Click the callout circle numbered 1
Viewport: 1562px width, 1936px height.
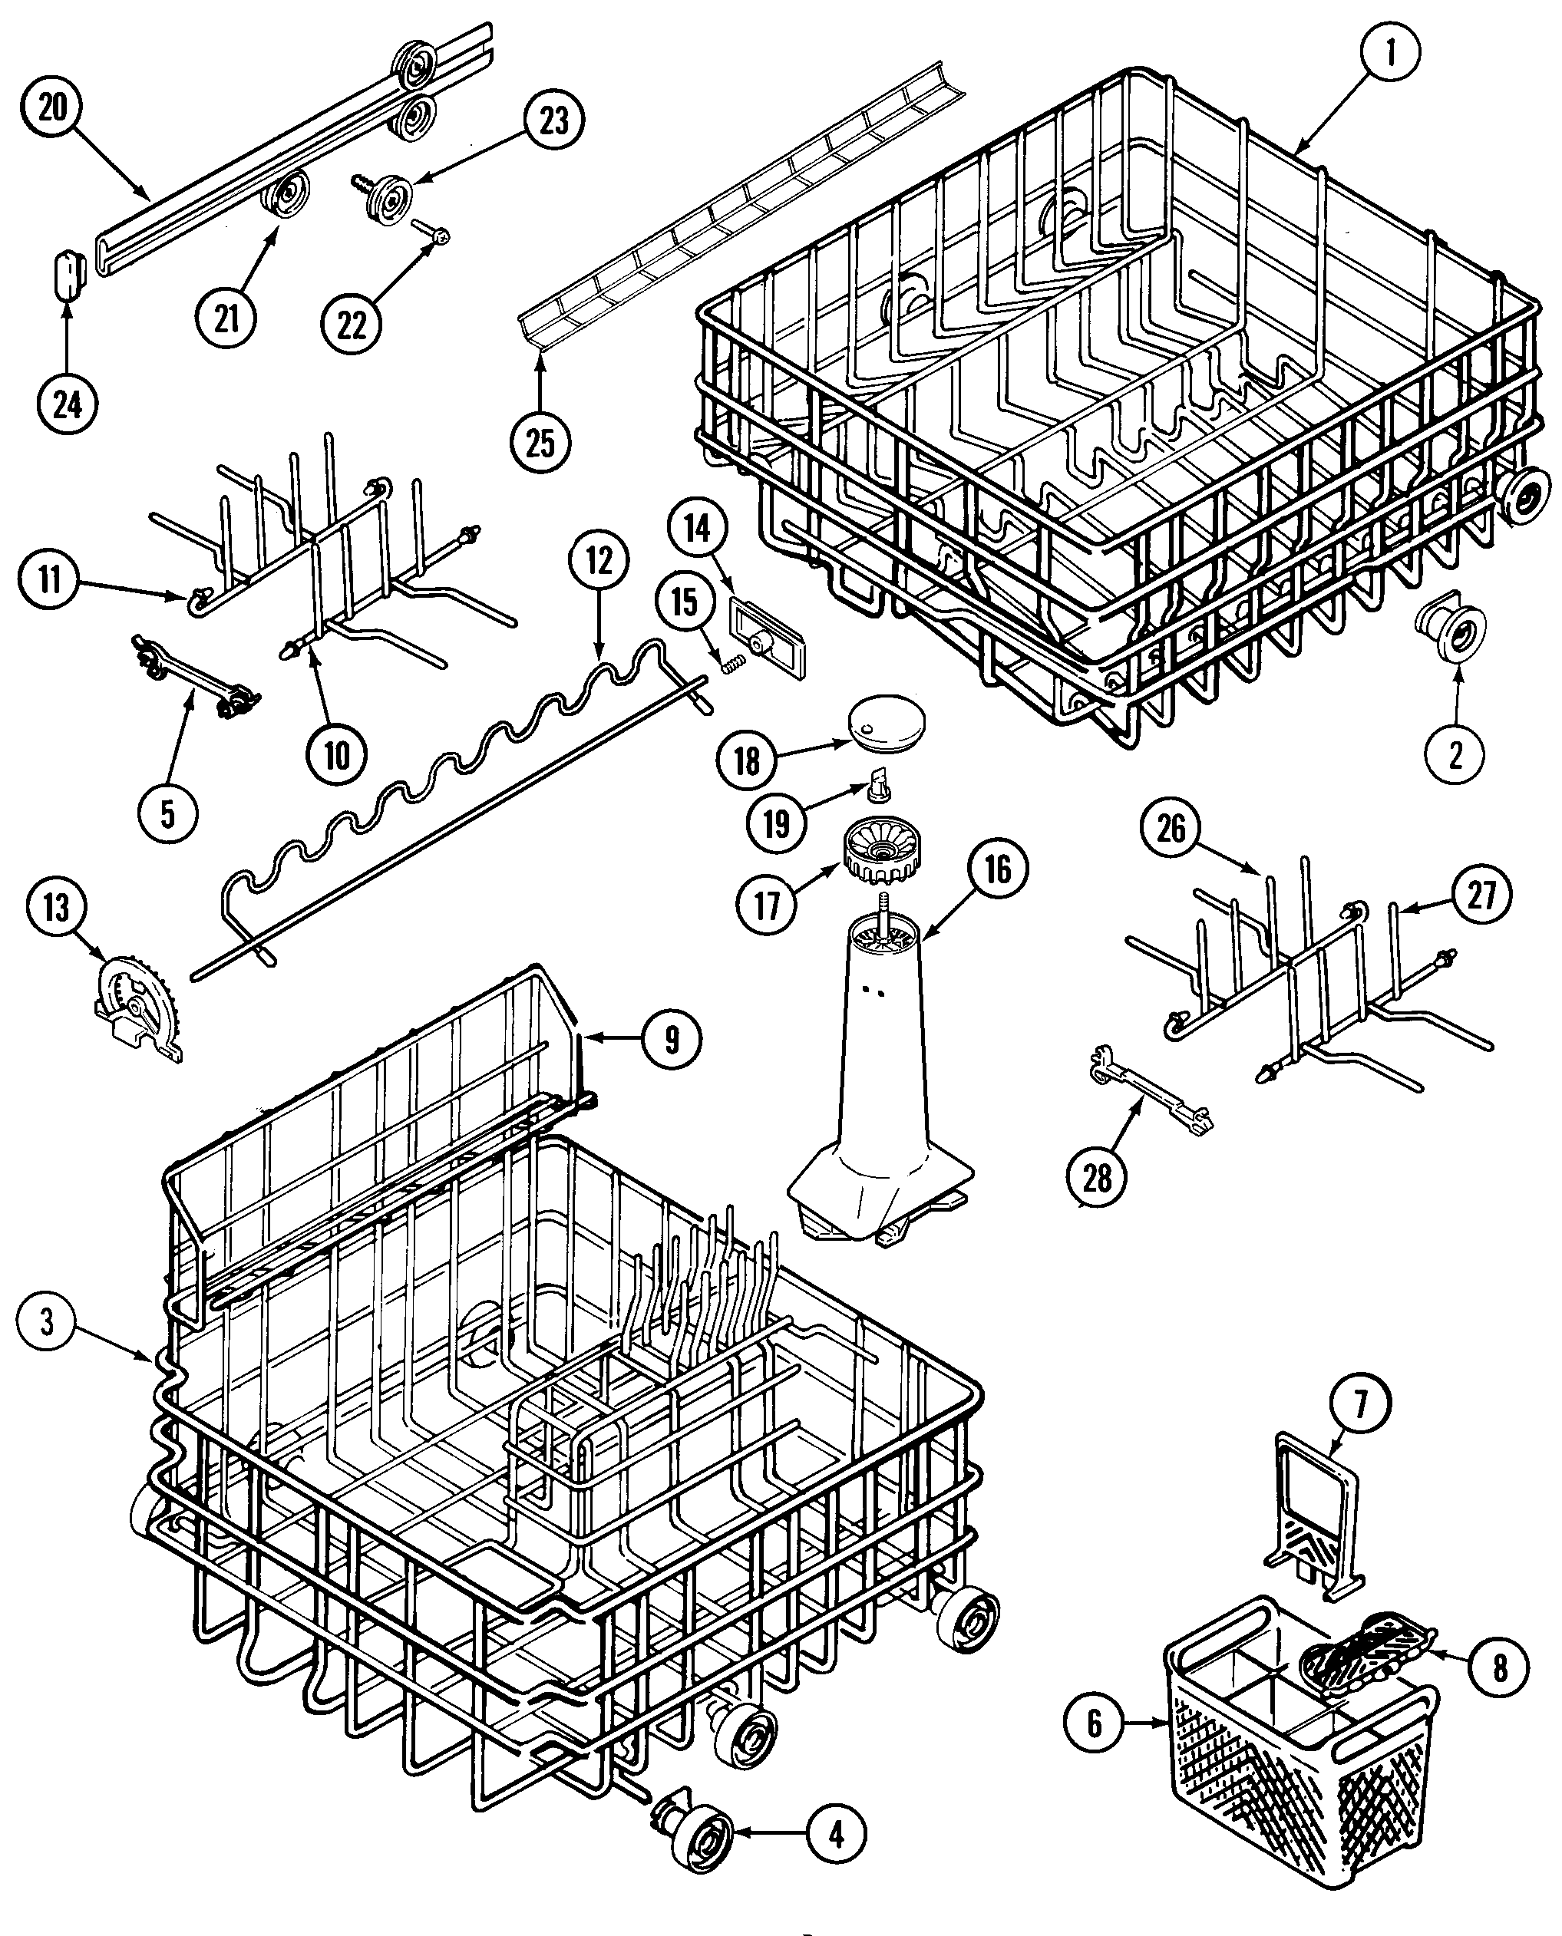coord(1389,53)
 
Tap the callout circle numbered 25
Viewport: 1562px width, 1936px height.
coord(539,442)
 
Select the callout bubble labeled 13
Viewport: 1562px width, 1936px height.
coord(56,908)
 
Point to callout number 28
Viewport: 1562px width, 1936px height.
coord(1097,1178)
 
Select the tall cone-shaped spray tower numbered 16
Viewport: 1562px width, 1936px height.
coord(882,1080)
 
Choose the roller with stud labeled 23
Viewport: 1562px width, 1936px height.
coord(388,198)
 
